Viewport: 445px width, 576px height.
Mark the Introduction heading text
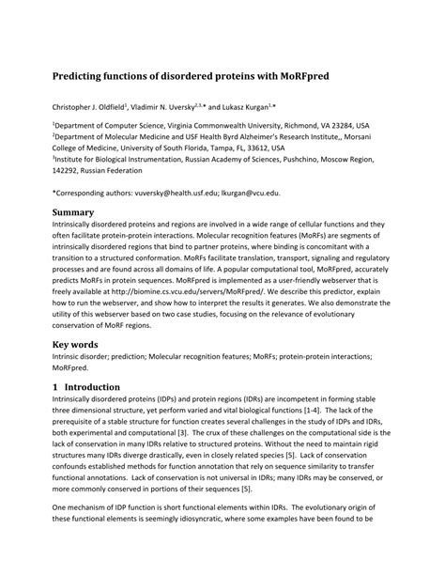click(95, 387)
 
